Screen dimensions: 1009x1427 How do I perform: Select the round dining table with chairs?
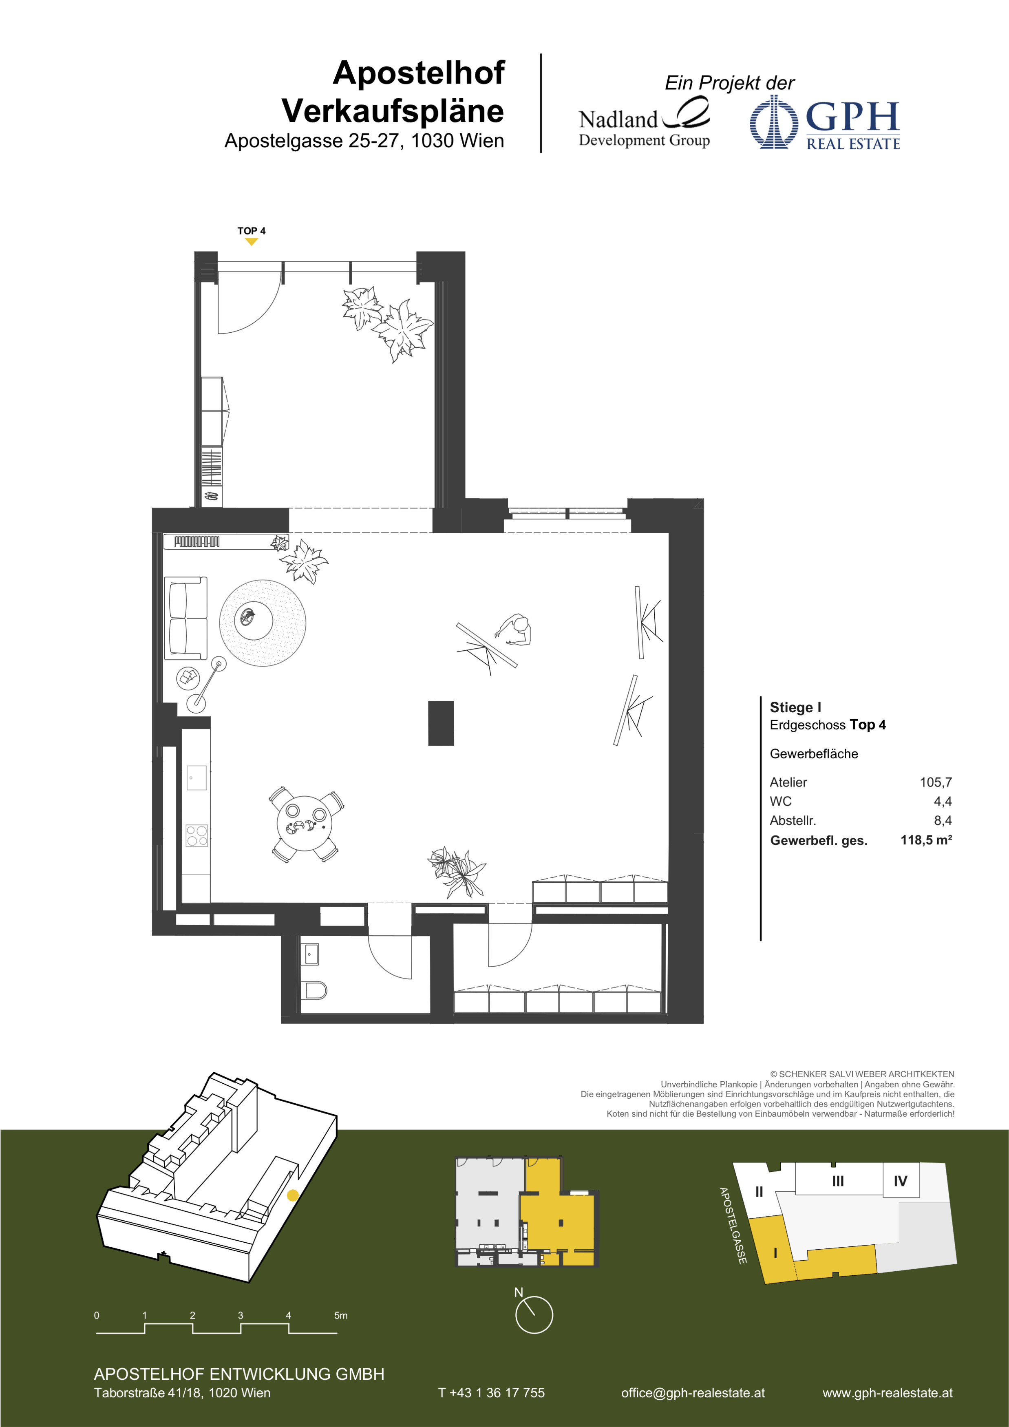tap(305, 824)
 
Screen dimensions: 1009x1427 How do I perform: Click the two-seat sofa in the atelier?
tap(186, 618)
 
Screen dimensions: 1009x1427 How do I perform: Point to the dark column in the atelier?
tap(441, 723)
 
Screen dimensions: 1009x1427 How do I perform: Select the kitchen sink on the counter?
tap(197, 778)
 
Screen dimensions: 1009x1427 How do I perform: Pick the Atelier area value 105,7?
tap(936, 782)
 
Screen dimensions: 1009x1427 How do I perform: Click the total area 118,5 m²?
tap(926, 839)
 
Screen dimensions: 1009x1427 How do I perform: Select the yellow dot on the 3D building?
tap(293, 1195)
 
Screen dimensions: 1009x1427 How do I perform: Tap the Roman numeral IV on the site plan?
tap(900, 1180)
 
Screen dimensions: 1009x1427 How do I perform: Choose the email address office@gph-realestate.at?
tap(693, 1393)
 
